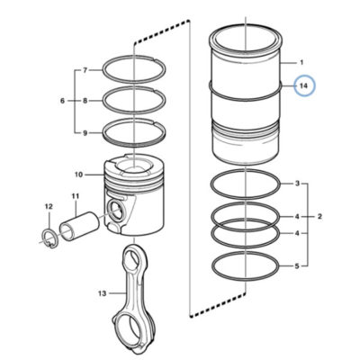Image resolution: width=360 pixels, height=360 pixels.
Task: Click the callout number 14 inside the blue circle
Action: [x=304, y=85]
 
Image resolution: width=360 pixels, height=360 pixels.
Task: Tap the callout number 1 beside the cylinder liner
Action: [x=301, y=63]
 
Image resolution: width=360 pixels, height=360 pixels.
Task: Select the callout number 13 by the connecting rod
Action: [x=103, y=293]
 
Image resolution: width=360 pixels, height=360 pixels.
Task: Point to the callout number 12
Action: [x=49, y=206]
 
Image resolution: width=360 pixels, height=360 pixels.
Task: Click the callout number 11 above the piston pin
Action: [x=75, y=196]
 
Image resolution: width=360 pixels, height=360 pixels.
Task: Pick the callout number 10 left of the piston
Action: [x=78, y=175]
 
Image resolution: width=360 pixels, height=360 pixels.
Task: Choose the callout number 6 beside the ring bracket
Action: [x=62, y=101]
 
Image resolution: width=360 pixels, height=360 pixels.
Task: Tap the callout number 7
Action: [x=85, y=70]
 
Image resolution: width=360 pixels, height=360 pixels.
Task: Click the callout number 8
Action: [x=85, y=101]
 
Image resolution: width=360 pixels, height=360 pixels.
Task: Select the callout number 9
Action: [x=85, y=133]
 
